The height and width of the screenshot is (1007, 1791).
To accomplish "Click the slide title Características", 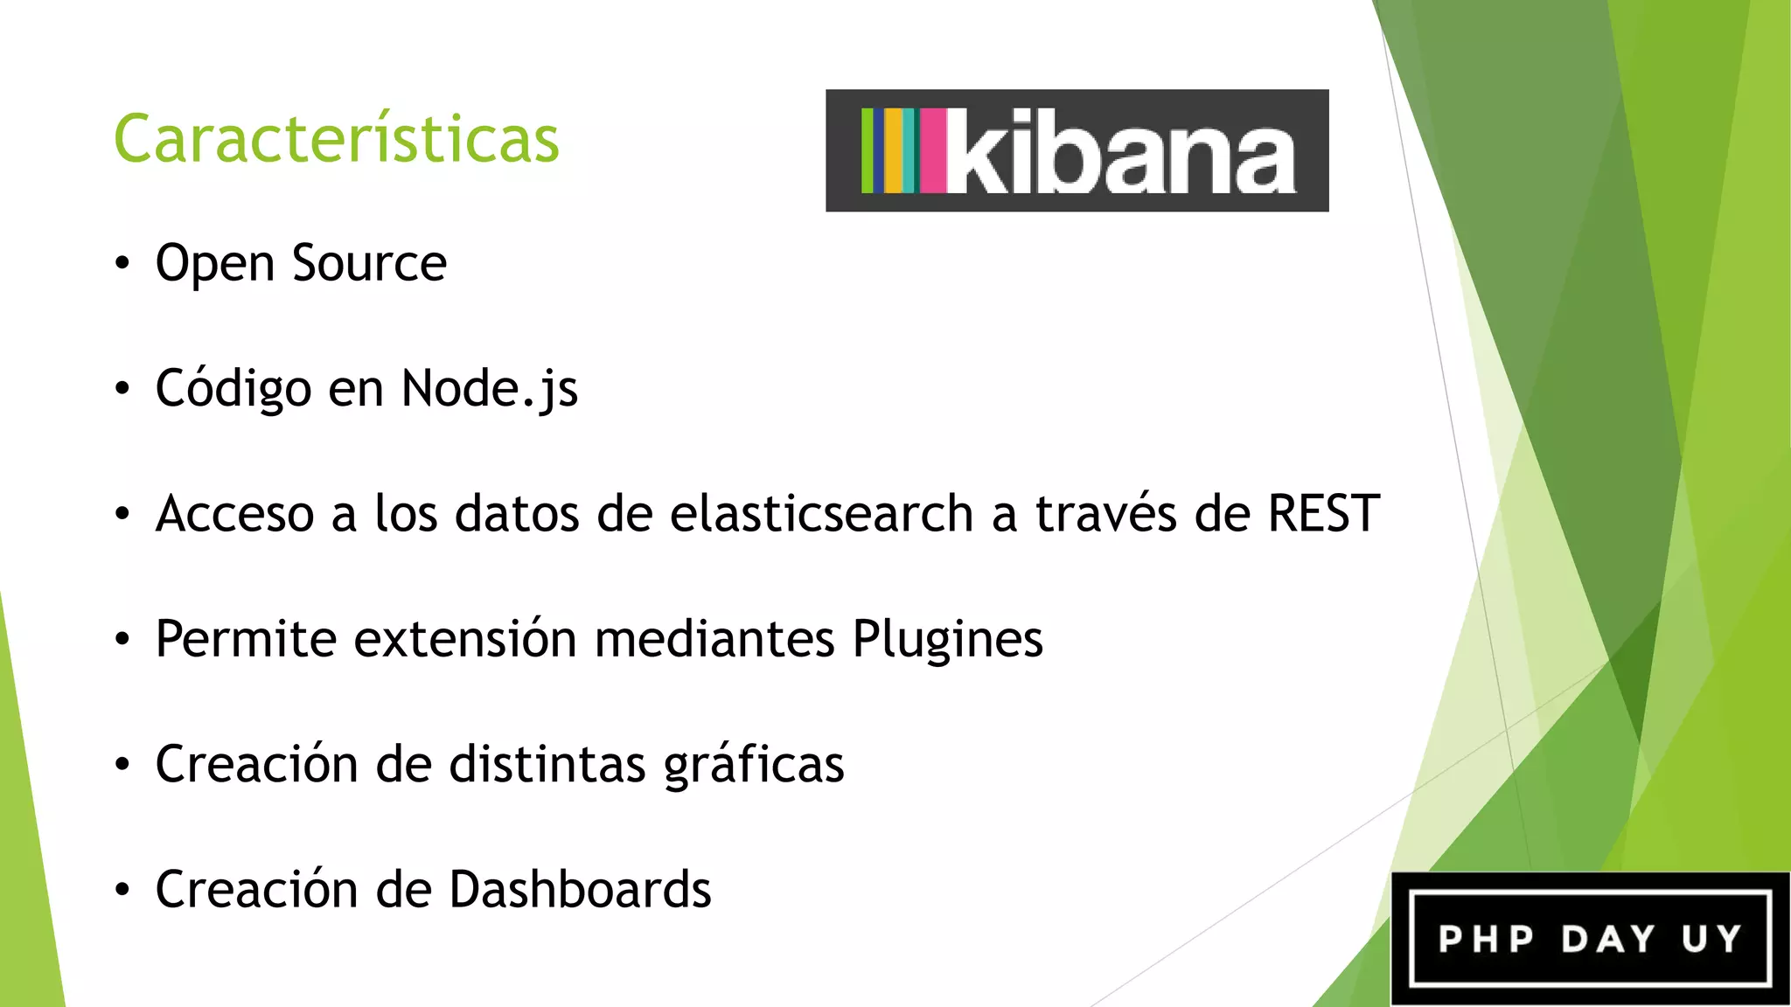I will pyautogui.click(x=336, y=140).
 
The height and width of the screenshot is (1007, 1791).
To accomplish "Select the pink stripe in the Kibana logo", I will pyautogui.click(x=932, y=150).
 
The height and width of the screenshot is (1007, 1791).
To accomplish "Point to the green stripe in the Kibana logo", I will pyautogui.click(x=867, y=150).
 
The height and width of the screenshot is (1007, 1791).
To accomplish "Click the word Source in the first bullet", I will pyautogui.click(x=369, y=263).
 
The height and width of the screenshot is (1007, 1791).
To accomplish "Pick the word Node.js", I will pyautogui.click(x=489, y=389).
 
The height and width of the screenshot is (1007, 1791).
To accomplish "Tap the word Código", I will pyautogui.click(x=233, y=389).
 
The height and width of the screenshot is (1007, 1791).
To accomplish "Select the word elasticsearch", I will pyautogui.click(x=821, y=513).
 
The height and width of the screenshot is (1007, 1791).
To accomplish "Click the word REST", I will pyautogui.click(x=1323, y=513).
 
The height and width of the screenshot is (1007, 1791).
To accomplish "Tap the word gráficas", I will pyautogui.click(x=754, y=765).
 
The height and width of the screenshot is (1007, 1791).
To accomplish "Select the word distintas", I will pyautogui.click(x=547, y=764).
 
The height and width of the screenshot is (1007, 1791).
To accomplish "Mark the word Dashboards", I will pyautogui.click(x=580, y=889).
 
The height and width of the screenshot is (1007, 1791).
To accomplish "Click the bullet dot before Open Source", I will pyautogui.click(x=122, y=263).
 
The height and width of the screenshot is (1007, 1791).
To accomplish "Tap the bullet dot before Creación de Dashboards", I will pyautogui.click(x=122, y=890).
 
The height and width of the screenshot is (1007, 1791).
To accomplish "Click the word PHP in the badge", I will pyautogui.click(x=1486, y=940).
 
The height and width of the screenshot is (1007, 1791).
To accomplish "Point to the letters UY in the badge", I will pyautogui.click(x=1711, y=940).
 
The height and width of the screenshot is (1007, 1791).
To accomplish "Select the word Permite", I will pyautogui.click(x=246, y=639).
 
